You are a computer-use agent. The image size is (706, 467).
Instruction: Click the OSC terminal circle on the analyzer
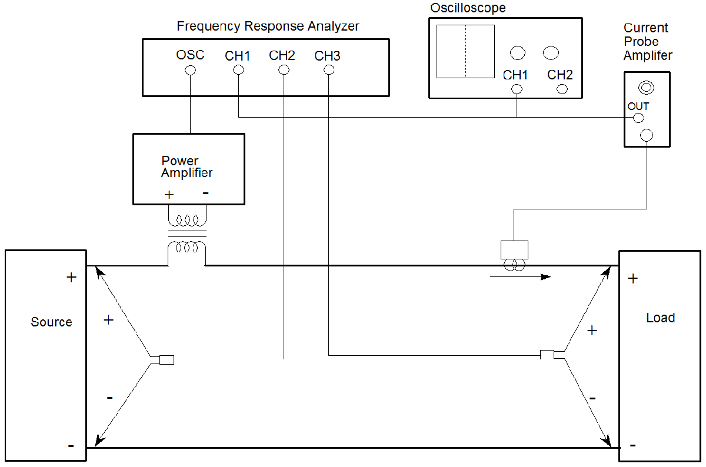click(x=190, y=71)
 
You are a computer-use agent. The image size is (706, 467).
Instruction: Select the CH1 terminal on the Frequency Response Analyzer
click(x=238, y=70)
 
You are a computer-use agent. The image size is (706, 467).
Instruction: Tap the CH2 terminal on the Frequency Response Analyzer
click(x=284, y=70)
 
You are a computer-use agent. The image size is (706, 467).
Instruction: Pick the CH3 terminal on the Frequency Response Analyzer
click(x=329, y=70)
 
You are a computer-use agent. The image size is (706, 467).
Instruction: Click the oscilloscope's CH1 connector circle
click(x=517, y=89)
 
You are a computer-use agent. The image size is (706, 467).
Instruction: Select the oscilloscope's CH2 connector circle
click(x=562, y=89)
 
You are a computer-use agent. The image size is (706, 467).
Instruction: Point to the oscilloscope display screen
click(x=465, y=52)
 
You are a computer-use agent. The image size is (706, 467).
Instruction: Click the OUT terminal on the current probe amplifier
click(x=638, y=118)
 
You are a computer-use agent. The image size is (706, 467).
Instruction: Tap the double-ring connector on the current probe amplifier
click(x=646, y=88)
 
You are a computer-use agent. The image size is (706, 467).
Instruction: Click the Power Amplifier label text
click(x=187, y=167)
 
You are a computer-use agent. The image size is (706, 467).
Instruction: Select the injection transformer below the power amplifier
click(x=187, y=238)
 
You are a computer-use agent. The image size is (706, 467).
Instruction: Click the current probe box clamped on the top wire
click(x=514, y=250)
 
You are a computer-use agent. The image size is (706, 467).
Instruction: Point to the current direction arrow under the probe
click(x=521, y=276)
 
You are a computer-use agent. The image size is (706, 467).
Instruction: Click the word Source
click(x=51, y=322)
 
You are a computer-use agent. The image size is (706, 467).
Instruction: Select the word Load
click(x=660, y=318)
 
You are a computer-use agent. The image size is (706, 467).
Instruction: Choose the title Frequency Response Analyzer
click(x=268, y=26)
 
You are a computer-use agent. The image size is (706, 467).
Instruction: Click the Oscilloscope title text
click(x=468, y=8)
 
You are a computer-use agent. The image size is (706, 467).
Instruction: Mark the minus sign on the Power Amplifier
click(x=205, y=193)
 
